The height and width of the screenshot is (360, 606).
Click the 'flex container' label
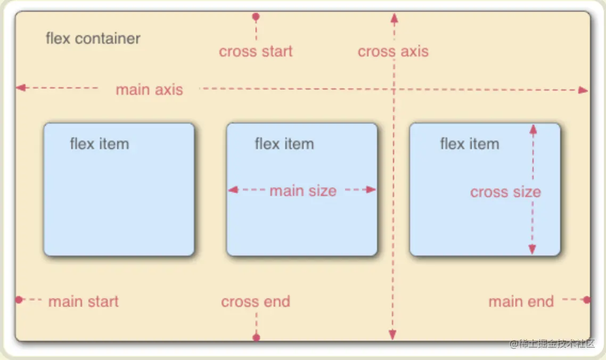pyautogui.click(x=93, y=39)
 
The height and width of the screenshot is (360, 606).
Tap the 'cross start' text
pyautogui.click(x=256, y=52)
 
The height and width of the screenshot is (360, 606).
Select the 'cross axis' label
pyautogui.click(x=393, y=52)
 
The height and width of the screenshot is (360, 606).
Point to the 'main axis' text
pyautogui.click(x=149, y=89)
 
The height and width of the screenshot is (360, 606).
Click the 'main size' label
pyautogui.click(x=302, y=191)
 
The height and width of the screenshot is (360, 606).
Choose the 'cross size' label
pyautogui.click(x=505, y=192)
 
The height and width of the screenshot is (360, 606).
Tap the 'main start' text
pyautogui.click(x=83, y=302)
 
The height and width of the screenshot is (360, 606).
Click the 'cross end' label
pyautogui.click(x=256, y=302)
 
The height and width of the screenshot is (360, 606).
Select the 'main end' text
pyautogui.click(x=521, y=302)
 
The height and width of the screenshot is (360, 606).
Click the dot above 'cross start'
pyautogui.click(x=256, y=17)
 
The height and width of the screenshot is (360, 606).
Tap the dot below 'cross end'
pyautogui.click(x=256, y=337)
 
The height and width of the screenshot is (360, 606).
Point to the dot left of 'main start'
pyautogui.click(x=19, y=300)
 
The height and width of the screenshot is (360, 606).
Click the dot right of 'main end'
pyautogui.click(x=586, y=300)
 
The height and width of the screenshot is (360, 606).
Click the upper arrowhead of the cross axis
pyautogui.click(x=394, y=18)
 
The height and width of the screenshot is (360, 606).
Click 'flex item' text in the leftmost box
pyautogui.click(x=99, y=144)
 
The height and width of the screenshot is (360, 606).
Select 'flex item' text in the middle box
pyautogui.click(x=284, y=144)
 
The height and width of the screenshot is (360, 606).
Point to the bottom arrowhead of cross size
pyautogui.click(x=532, y=249)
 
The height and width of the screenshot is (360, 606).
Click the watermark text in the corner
pyautogui.click(x=551, y=344)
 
